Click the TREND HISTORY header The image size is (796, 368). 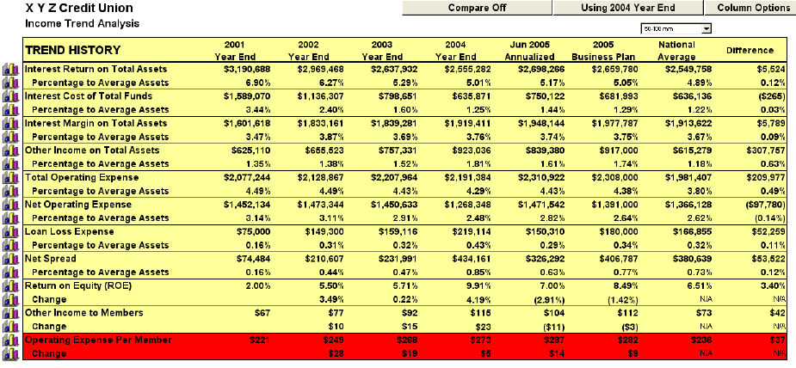tap(73, 50)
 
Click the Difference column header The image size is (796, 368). tap(750, 50)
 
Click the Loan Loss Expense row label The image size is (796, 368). tap(70, 232)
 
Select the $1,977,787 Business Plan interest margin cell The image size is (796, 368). tap(611, 123)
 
